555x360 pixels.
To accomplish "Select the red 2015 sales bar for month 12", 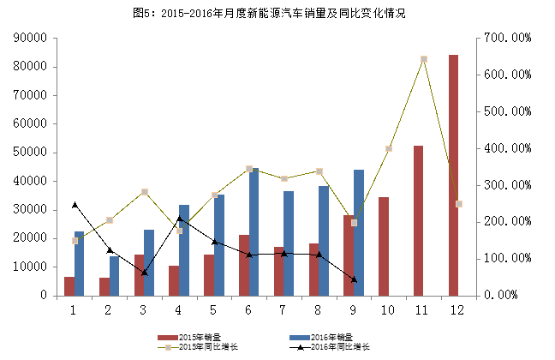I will tap(453, 175).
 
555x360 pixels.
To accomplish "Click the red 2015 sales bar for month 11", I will tap(418, 220).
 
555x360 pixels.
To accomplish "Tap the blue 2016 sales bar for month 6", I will tap(254, 231).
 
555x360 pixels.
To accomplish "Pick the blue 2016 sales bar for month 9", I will tap(359, 232).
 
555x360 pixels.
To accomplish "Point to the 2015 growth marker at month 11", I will tap(423, 60).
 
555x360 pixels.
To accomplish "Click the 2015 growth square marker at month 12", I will tap(458, 204).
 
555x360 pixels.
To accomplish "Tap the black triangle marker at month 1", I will tap(75, 205).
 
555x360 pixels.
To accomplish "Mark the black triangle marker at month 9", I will tap(354, 279).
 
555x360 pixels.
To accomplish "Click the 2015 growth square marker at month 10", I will tap(388, 149).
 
